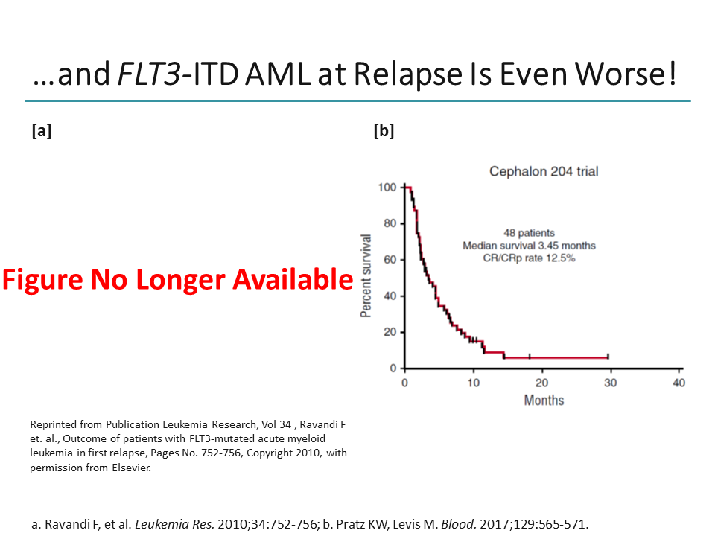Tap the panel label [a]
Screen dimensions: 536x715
(x=42, y=131)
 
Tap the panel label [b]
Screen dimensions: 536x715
(x=384, y=131)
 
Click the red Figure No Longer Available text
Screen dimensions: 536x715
(x=177, y=279)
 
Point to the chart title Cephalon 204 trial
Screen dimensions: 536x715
(x=543, y=171)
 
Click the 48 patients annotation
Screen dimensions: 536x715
(x=529, y=233)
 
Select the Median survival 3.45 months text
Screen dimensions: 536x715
(x=529, y=246)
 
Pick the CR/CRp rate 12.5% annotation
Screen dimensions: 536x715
(x=529, y=258)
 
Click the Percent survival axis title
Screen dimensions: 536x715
(x=366, y=276)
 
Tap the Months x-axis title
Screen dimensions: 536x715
(x=544, y=401)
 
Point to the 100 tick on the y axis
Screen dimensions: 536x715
(x=387, y=187)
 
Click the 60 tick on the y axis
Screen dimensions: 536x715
(x=389, y=260)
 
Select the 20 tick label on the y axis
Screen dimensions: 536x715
(x=389, y=332)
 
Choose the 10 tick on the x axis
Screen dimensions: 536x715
(x=473, y=383)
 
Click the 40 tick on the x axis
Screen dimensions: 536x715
(x=679, y=383)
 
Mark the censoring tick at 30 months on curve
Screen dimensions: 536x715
(x=608, y=357)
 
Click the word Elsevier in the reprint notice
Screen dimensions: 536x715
(x=133, y=469)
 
